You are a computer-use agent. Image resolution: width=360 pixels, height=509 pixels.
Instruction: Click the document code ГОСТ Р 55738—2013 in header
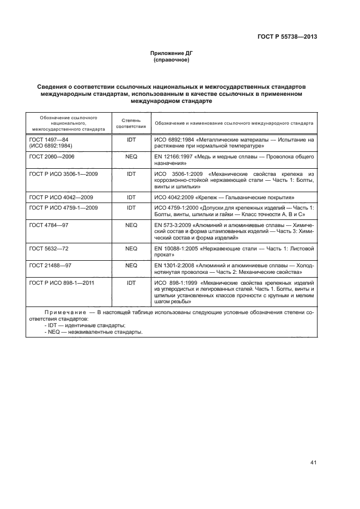(x=288, y=36)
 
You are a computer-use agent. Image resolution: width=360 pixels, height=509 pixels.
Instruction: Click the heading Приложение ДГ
(x=172, y=53)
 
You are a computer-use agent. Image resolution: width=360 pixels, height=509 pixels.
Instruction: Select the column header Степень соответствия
(x=131, y=122)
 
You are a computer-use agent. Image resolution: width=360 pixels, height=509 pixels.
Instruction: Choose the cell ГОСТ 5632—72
(x=48, y=248)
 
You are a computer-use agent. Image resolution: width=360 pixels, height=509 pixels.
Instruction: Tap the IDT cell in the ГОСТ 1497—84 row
(x=131, y=140)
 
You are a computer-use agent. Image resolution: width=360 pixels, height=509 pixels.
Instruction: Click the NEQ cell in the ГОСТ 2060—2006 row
(x=131, y=157)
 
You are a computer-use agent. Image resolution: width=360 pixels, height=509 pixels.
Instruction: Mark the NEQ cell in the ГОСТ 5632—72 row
(x=131, y=248)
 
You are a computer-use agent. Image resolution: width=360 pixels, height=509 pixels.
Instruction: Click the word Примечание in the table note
(x=61, y=313)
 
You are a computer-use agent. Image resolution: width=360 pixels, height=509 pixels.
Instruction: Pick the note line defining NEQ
(x=93, y=332)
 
